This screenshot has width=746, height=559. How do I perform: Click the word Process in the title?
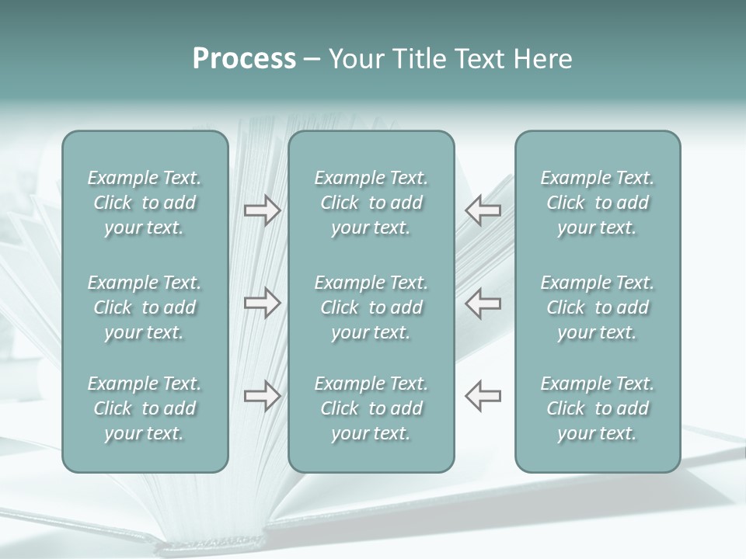click(x=244, y=59)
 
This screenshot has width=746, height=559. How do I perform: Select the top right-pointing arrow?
click(x=262, y=210)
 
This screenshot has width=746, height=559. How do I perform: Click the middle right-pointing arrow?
click(x=262, y=303)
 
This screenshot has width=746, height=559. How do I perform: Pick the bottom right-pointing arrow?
click(x=262, y=396)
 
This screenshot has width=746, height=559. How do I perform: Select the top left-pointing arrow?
click(x=483, y=210)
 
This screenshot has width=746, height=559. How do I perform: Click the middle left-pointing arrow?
click(x=483, y=303)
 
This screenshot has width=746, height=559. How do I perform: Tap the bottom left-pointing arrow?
click(x=483, y=396)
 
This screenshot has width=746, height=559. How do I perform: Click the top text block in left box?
click(x=145, y=203)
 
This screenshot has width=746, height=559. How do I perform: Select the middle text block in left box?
click(x=145, y=307)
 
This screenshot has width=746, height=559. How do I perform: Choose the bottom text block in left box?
click(x=145, y=408)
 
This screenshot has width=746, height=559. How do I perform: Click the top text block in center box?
click(x=371, y=203)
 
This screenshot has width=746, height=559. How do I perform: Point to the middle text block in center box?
click(x=371, y=307)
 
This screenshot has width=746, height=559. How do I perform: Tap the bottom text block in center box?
click(x=371, y=408)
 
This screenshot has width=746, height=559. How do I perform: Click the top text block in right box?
click(x=597, y=203)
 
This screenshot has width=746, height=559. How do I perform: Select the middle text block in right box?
click(x=597, y=307)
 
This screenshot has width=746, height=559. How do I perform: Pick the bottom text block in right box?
click(x=597, y=408)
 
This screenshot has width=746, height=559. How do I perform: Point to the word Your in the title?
click(x=354, y=59)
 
